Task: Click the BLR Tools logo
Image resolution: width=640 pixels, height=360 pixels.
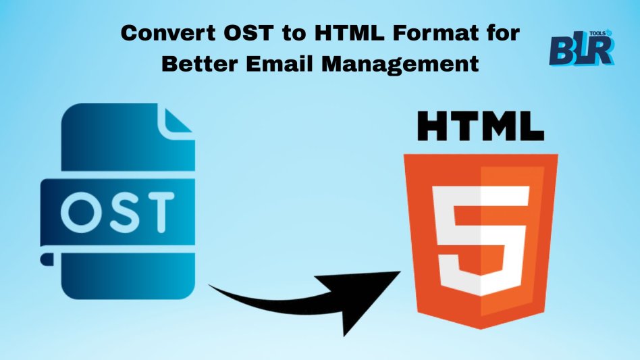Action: pyautogui.click(x=582, y=48)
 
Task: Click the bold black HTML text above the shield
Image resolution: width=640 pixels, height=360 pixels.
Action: pyautogui.click(x=481, y=126)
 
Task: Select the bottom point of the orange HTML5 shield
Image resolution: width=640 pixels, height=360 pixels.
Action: pyautogui.click(x=481, y=328)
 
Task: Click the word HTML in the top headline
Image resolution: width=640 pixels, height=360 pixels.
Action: pyautogui.click(x=349, y=33)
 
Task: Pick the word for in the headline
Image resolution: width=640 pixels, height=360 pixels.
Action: pyautogui.click(x=503, y=33)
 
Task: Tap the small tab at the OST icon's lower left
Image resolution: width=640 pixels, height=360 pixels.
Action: pyautogui.click(x=47, y=259)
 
